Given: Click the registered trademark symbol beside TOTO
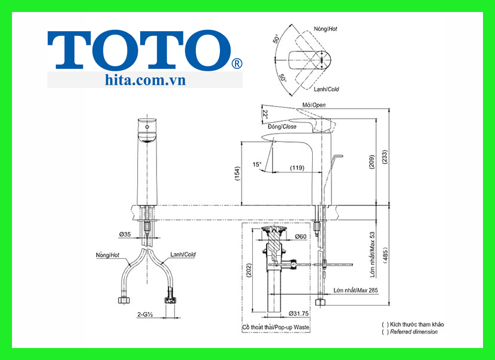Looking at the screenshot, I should pyautogui.click(x=237, y=63).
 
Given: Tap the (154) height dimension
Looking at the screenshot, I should pyautogui.click(x=237, y=173).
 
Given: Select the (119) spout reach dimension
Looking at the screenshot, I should pyautogui.click(x=297, y=168).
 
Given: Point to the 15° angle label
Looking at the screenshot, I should pyautogui.click(x=256, y=164).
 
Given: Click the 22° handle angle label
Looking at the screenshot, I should pyautogui.click(x=265, y=114).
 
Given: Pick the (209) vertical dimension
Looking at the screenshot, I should pyautogui.click(x=372, y=162).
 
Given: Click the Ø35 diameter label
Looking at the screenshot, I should pyautogui.click(x=125, y=234).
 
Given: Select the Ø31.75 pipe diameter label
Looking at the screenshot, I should pyautogui.click(x=299, y=313).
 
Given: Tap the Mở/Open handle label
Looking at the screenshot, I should pyautogui.click(x=315, y=105).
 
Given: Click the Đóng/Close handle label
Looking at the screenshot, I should pyautogui.click(x=281, y=126).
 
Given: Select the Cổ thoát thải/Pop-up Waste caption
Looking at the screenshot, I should pyautogui.click(x=276, y=328).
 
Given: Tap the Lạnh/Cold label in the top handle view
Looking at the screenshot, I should pyautogui.click(x=327, y=89).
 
